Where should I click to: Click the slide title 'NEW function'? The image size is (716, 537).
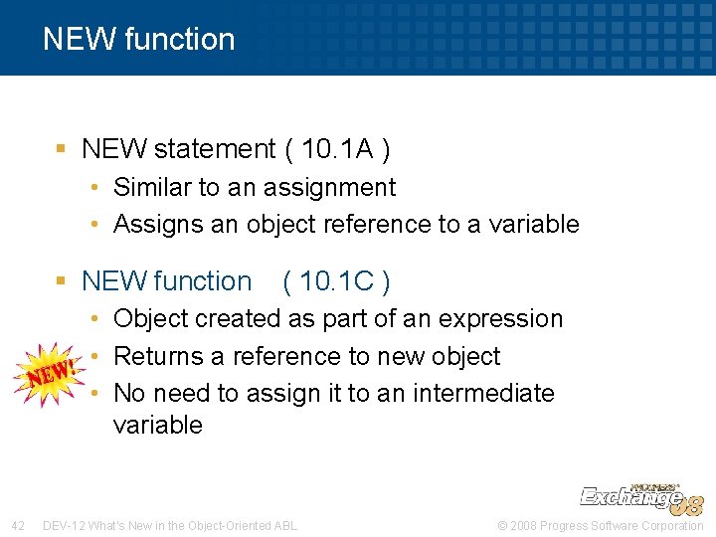click(x=139, y=39)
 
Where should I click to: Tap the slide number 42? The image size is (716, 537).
click(x=18, y=525)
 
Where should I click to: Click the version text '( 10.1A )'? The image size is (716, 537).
click(x=337, y=149)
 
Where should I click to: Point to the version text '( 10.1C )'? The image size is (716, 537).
click(x=337, y=281)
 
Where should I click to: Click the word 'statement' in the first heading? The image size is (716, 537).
click(x=215, y=149)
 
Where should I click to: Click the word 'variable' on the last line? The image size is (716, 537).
click(x=158, y=425)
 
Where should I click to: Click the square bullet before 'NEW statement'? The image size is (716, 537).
click(x=62, y=149)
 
